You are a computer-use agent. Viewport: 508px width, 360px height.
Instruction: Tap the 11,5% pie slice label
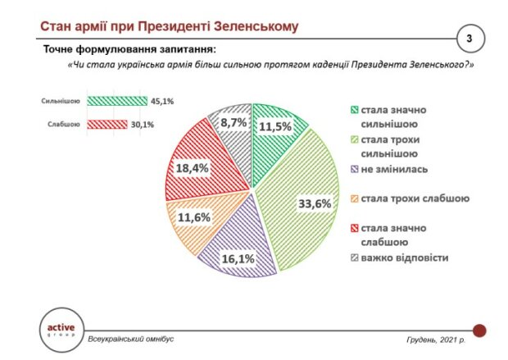(x=277, y=128)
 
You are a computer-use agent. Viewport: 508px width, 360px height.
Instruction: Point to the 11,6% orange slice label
(x=195, y=218)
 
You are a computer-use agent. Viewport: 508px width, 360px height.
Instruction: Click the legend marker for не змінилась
(x=354, y=170)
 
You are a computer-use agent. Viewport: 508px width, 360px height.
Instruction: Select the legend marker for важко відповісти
(x=354, y=258)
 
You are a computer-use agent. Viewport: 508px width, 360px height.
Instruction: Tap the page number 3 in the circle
(x=469, y=39)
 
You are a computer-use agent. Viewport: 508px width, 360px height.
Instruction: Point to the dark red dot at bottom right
(x=479, y=330)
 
